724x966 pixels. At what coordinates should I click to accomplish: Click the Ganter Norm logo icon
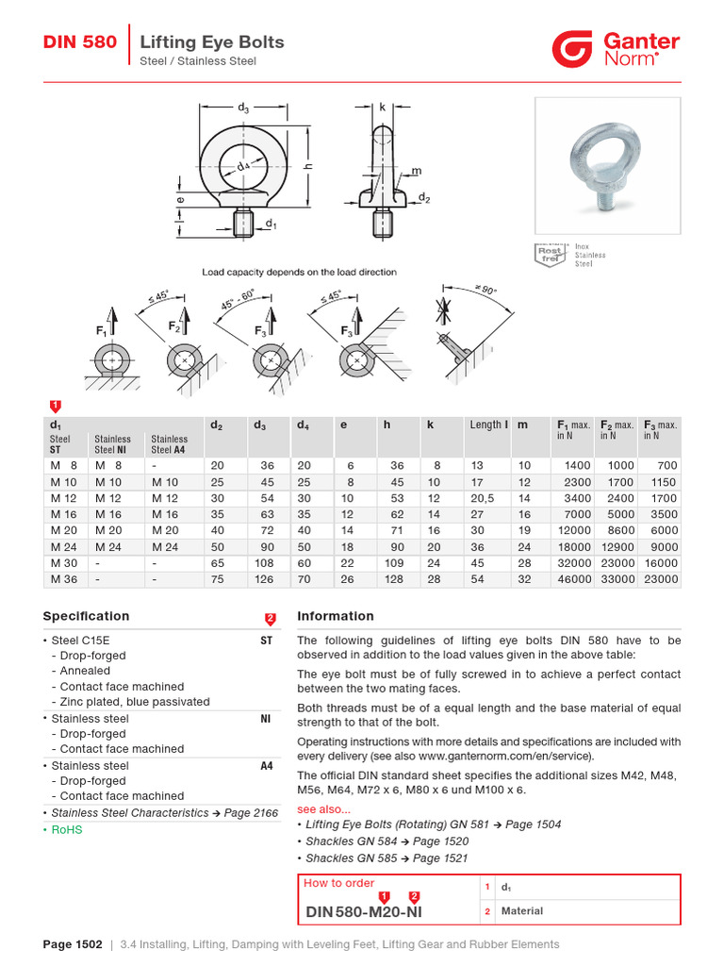click(x=572, y=48)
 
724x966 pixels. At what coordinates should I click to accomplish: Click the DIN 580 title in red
click(x=80, y=42)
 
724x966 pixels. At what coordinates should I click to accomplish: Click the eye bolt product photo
click(x=607, y=165)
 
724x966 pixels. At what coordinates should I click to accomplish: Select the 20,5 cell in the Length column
click(x=483, y=498)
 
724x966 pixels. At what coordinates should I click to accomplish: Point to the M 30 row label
click(x=64, y=563)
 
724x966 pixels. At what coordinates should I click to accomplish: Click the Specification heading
click(x=86, y=616)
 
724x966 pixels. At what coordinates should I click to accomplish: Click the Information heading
click(x=336, y=616)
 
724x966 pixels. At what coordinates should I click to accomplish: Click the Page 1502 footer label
click(x=72, y=944)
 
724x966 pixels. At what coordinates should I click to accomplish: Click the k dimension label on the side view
click(x=383, y=108)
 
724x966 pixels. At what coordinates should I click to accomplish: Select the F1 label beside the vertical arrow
click(x=101, y=331)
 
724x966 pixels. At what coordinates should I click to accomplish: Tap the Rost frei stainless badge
click(x=550, y=255)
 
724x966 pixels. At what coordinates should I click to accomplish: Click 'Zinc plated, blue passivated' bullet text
click(x=135, y=702)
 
